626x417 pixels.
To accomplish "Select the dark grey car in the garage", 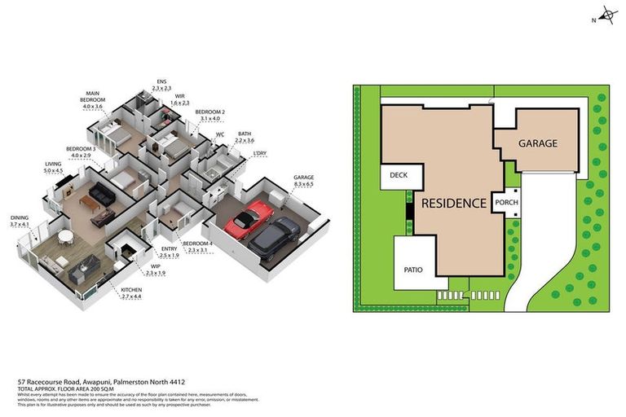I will [275, 236].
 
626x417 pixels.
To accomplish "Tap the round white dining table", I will [64, 237].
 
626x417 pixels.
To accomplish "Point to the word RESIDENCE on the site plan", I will [454, 203].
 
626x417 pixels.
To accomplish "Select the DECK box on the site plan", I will [399, 175].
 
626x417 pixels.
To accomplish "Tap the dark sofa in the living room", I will [104, 194].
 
